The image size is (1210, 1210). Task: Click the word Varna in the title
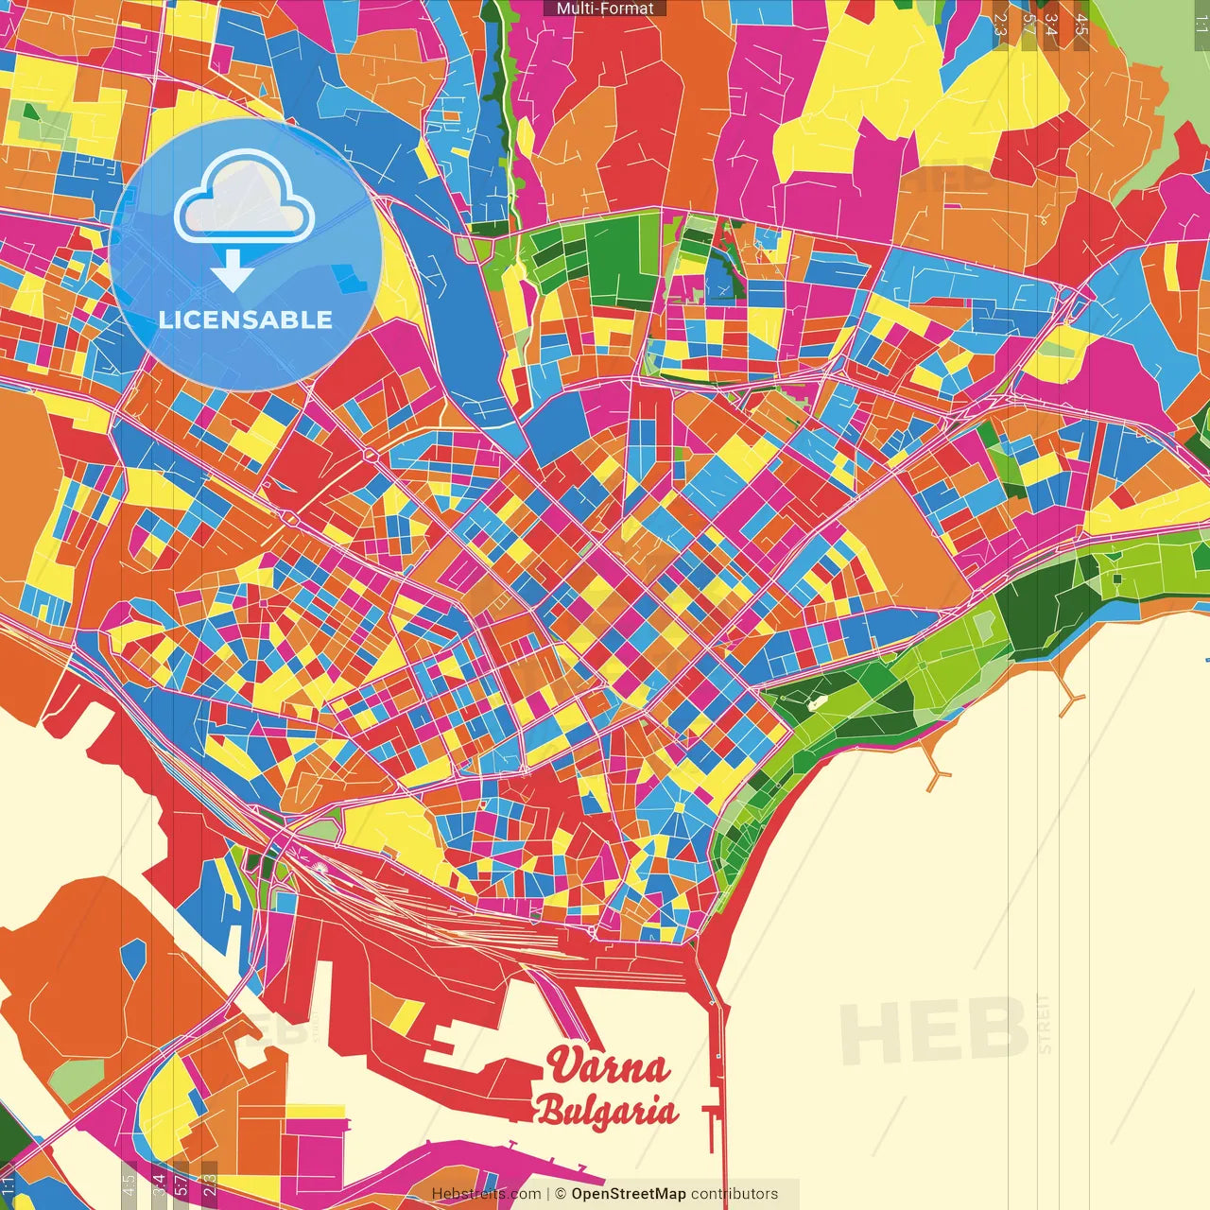tap(609, 1066)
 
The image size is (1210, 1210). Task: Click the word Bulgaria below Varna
tap(607, 1110)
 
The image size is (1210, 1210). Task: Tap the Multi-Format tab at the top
tap(605, 9)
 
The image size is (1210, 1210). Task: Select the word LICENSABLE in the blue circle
tap(246, 320)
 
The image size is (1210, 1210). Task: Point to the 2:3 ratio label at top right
tap(1000, 25)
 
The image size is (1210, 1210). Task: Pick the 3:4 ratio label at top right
tap(1051, 25)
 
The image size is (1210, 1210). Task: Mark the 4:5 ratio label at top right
tap(1081, 25)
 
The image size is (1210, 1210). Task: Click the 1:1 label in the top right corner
tap(1201, 23)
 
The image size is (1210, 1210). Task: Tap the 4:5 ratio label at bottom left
tap(129, 1184)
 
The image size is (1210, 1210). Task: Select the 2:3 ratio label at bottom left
tap(210, 1184)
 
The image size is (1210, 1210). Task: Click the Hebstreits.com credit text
tap(486, 1194)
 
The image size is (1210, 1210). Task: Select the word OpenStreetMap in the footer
tap(628, 1194)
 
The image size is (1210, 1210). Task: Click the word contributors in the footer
tap(735, 1194)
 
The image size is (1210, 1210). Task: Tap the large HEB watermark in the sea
tap(934, 1030)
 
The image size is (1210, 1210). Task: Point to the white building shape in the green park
tap(815, 702)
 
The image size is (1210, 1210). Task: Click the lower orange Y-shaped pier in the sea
tap(937, 776)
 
